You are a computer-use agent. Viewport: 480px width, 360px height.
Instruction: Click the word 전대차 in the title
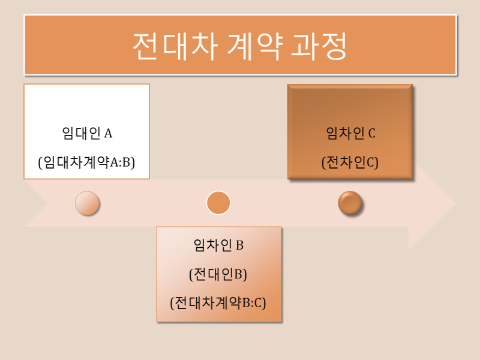tap(175, 46)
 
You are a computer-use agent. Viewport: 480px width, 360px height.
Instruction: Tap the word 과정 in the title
tap(319, 46)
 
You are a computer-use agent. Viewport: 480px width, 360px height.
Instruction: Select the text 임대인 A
tap(87, 133)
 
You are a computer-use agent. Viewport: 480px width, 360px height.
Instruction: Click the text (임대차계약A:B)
tap(86, 162)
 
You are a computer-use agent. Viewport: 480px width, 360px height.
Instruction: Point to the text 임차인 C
tap(350, 133)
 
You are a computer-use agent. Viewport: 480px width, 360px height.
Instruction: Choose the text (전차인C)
tap(350, 162)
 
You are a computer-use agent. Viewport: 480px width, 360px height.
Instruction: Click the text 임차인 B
tap(218, 245)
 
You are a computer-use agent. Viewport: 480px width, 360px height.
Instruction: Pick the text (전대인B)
tap(218, 274)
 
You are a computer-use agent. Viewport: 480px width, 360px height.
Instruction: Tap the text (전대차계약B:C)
tap(218, 303)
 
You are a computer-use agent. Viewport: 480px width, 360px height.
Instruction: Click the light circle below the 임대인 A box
tap(87, 203)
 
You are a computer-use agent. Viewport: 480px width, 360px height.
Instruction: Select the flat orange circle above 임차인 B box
tap(218, 203)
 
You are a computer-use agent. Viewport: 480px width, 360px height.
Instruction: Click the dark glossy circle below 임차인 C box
tap(350, 203)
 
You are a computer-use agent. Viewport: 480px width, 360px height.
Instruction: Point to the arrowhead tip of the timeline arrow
tap(456, 203)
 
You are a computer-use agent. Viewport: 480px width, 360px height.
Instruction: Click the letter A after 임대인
tap(109, 133)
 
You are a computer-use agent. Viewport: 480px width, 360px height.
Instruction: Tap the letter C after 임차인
tap(371, 133)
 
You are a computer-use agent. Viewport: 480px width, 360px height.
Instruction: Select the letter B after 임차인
tap(239, 245)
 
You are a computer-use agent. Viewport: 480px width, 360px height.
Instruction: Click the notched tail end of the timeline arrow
tap(47, 203)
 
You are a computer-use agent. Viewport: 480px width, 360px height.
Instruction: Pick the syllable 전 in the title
tap(145, 46)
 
